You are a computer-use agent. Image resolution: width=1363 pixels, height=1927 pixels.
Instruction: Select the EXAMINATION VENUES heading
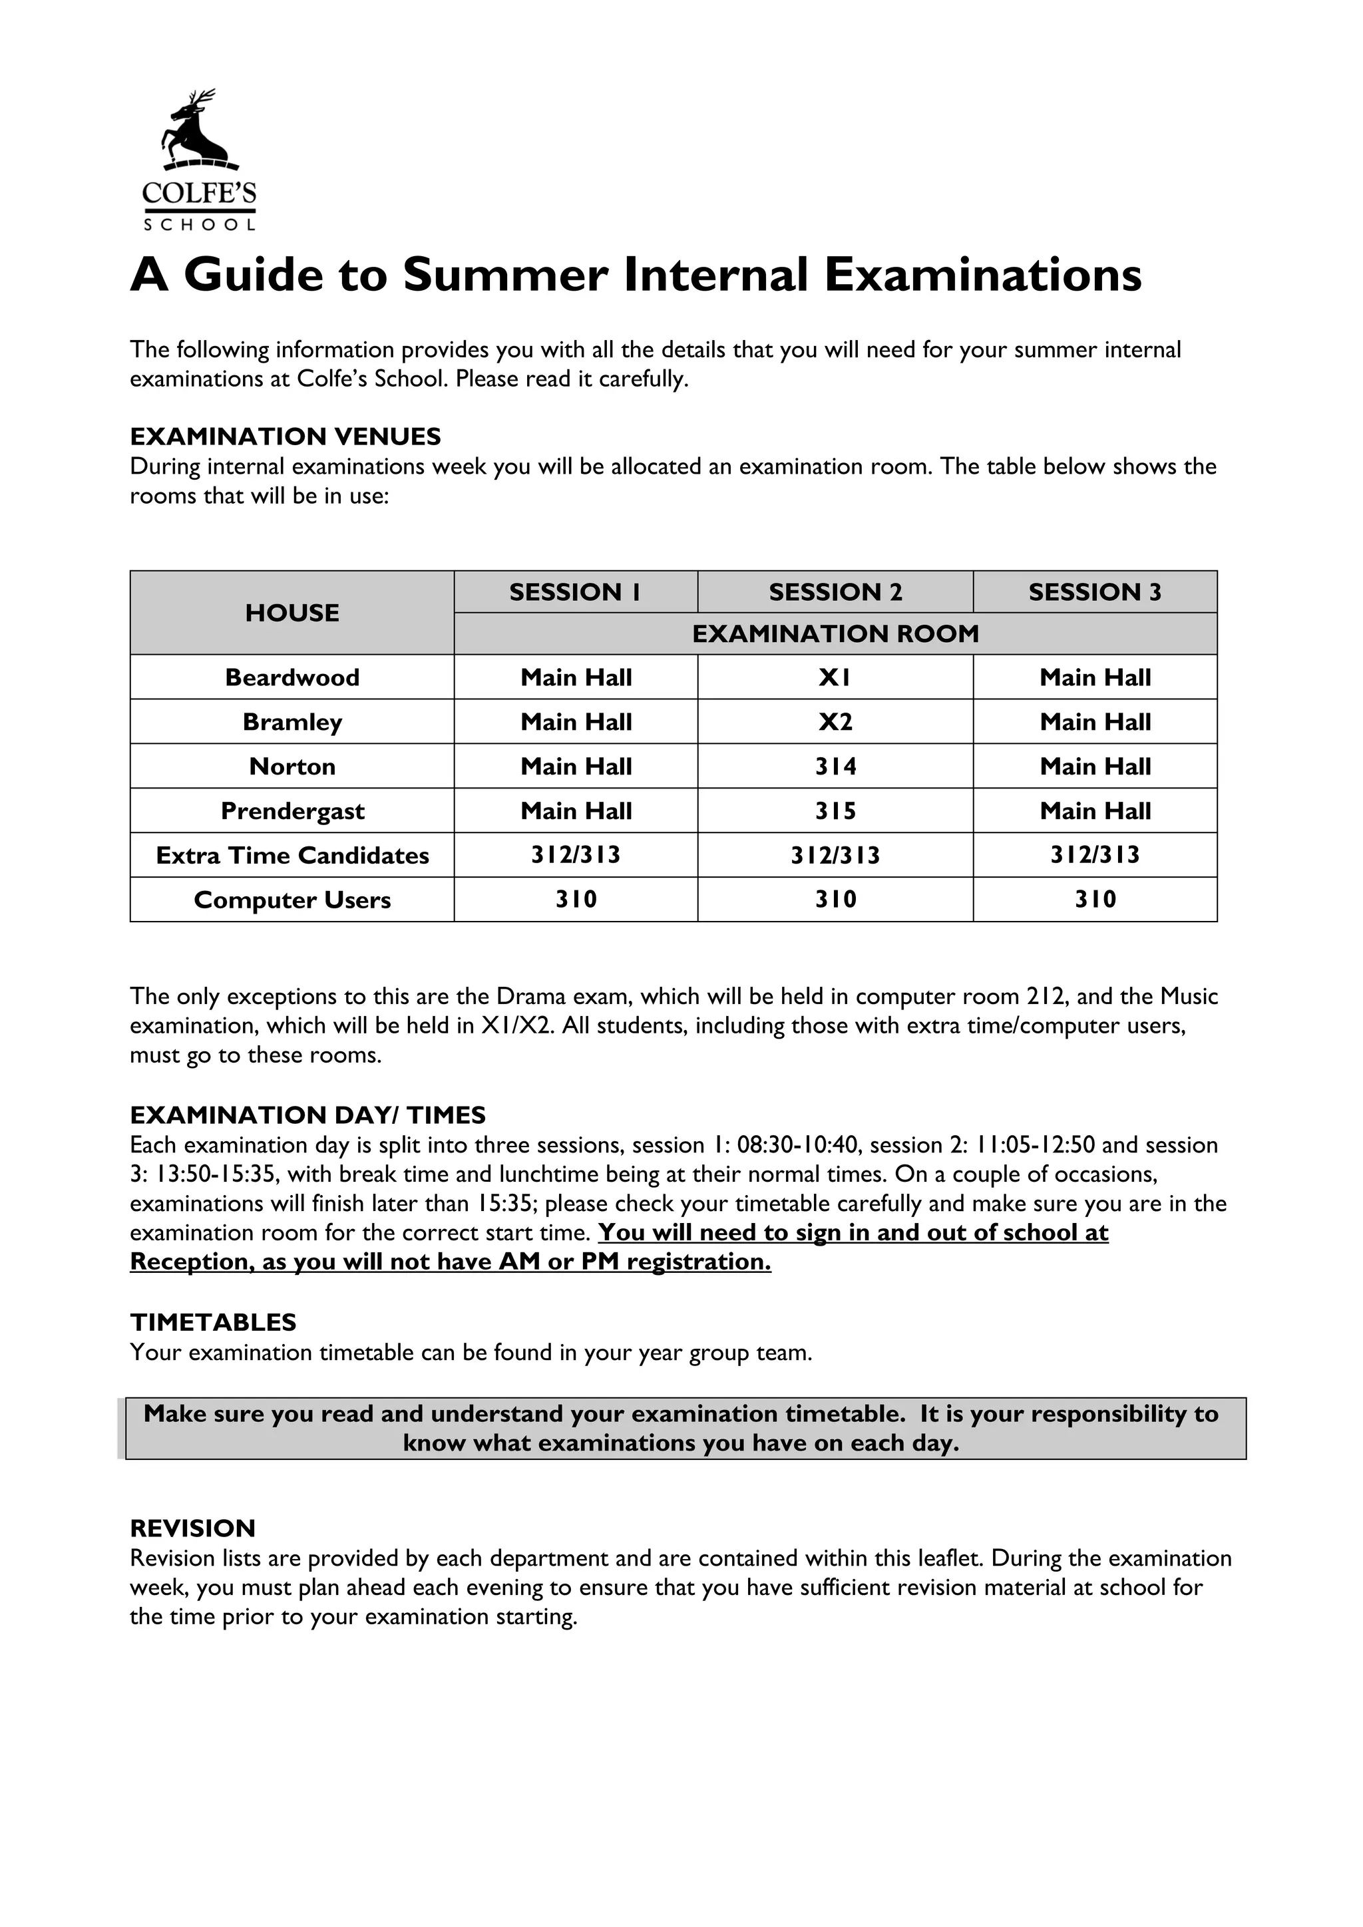tap(286, 437)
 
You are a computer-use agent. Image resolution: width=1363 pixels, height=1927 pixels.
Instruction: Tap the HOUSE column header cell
tap(292, 613)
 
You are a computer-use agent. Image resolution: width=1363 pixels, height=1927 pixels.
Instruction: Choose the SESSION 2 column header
tap(835, 592)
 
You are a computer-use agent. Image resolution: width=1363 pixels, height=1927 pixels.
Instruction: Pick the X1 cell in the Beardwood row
tap(835, 677)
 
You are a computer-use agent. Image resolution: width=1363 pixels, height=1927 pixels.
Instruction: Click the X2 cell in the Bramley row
tap(835, 722)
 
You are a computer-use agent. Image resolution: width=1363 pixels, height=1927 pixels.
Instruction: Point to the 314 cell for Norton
tap(835, 767)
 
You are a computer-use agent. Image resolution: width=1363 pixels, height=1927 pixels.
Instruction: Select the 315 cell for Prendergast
tap(835, 810)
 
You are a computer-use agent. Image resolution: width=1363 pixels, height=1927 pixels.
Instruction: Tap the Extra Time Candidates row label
tap(292, 855)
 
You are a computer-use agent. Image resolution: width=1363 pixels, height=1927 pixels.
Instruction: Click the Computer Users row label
tap(292, 900)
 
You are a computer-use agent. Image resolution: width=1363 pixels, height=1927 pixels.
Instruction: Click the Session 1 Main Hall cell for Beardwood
tap(576, 677)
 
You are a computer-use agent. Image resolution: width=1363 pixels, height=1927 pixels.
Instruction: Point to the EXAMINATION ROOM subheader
tap(835, 633)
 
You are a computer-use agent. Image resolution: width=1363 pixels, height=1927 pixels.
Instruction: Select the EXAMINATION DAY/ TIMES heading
tap(308, 1115)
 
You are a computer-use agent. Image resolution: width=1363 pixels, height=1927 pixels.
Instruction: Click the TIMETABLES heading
tap(213, 1323)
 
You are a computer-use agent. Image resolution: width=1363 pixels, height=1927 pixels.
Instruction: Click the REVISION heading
tap(192, 1528)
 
